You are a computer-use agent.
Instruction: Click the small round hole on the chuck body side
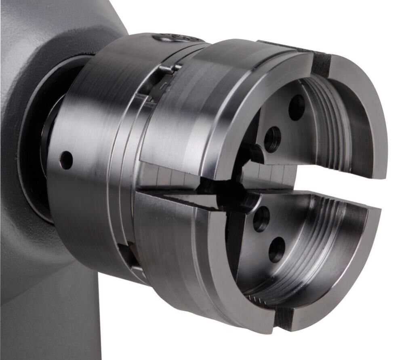click(66, 160)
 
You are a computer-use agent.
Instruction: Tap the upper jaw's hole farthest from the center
click(297, 107)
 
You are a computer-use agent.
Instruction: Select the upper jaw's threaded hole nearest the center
click(272, 139)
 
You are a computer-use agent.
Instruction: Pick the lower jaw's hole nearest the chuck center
click(261, 219)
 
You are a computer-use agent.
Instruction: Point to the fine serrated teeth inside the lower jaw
click(259, 299)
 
